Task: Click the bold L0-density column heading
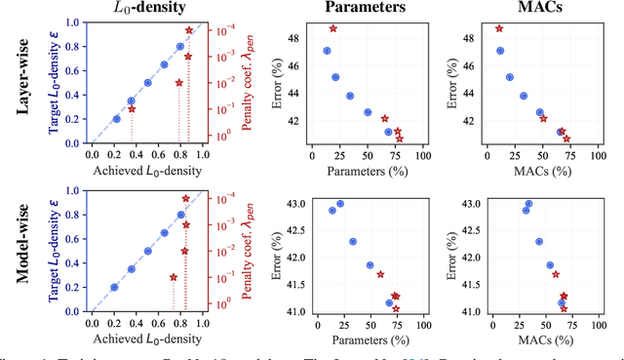pos(146,9)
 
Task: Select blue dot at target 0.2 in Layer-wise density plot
pos(116,119)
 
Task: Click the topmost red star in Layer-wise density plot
pos(189,30)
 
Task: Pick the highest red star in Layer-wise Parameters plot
pos(333,29)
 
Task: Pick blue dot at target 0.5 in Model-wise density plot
pos(147,251)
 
